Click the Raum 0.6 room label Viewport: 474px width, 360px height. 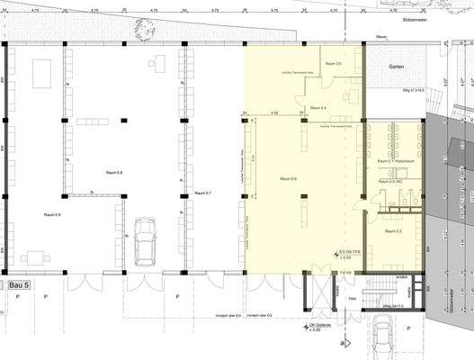[x=289, y=179]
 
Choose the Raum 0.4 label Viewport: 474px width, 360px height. [x=317, y=108]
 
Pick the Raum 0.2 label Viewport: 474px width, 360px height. [x=393, y=231]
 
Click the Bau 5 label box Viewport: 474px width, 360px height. [x=20, y=284]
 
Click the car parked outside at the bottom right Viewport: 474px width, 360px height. [x=387, y=339]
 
